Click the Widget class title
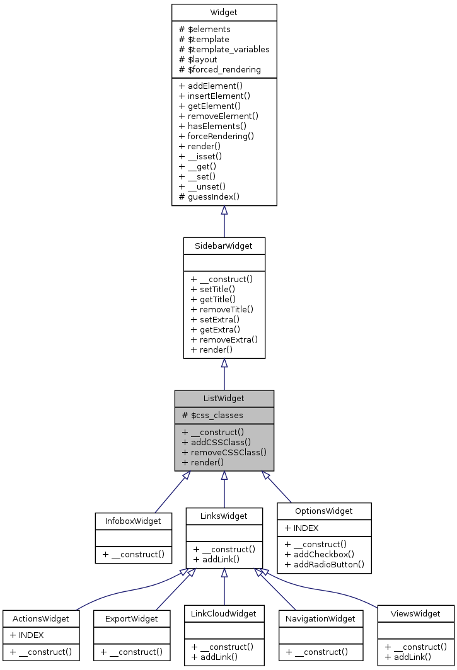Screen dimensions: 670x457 [224, 13]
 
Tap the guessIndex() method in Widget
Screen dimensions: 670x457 [209, 196]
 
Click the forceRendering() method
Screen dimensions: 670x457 [216, 136]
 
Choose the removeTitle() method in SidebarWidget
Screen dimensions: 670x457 [222, 309]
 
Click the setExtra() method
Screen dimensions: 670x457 [215, 319]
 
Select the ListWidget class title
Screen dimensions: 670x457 [224, 398]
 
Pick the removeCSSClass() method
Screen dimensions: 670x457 [224, 452]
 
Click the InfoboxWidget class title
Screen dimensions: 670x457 [133, 521]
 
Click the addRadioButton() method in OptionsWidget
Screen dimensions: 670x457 [324, 564]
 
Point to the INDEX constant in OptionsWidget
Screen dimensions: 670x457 [302, 528]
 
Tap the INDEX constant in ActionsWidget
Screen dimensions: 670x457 [26, 635]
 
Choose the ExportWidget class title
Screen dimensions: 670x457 [132, 618]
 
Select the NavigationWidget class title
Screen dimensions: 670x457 [321, 618]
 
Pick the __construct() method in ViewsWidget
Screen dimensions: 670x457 [415, 647]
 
